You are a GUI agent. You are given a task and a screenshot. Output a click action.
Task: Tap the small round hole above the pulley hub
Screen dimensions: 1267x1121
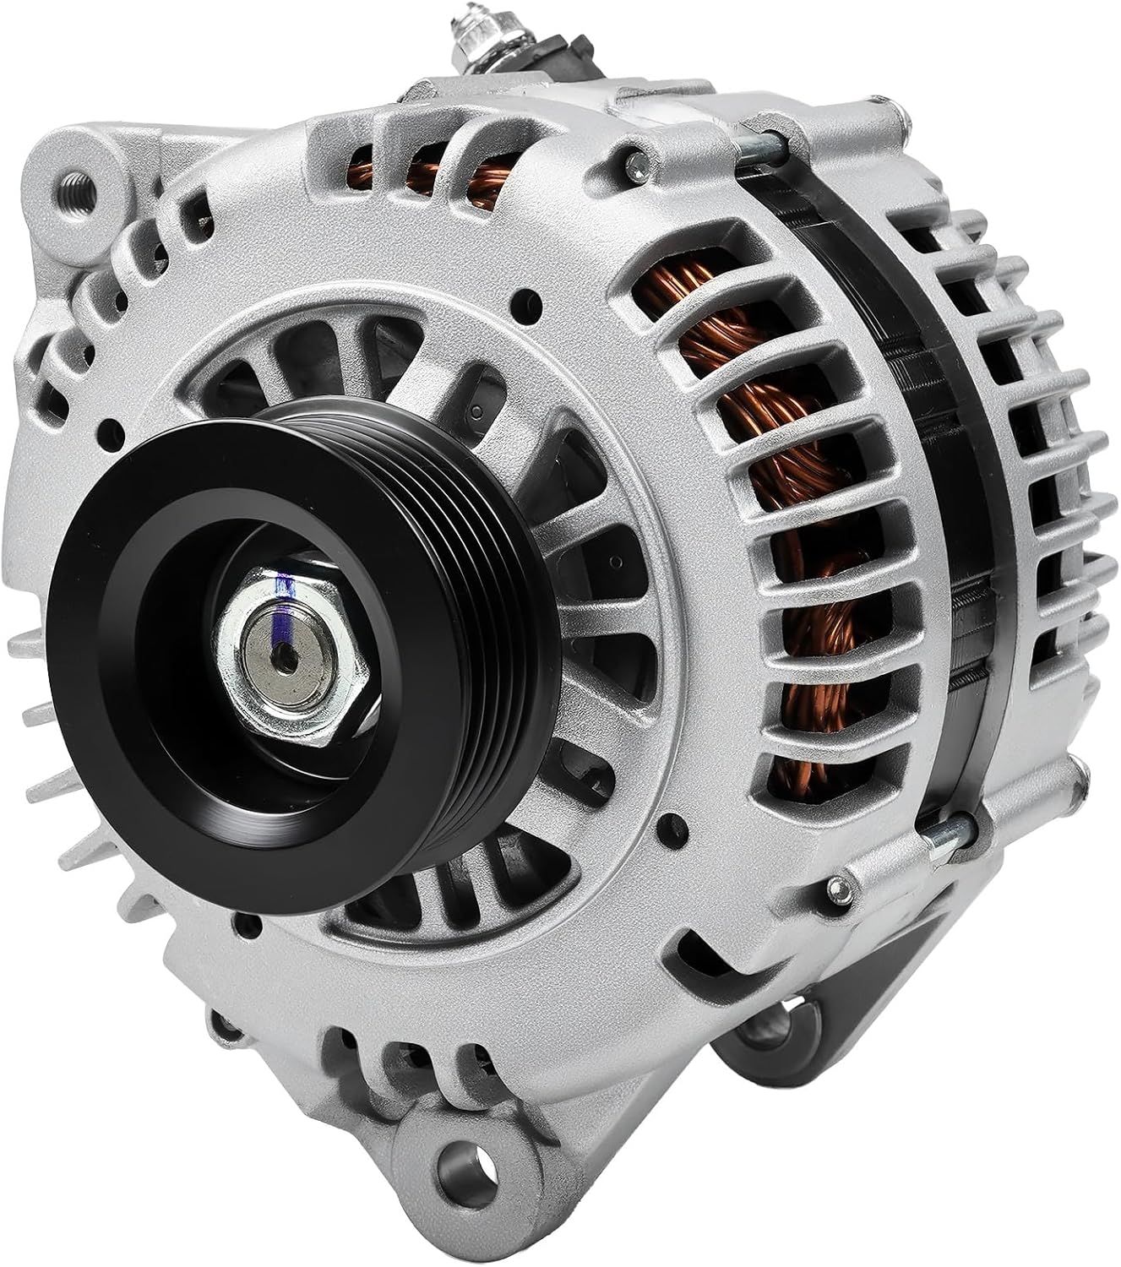click(531, 298)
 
